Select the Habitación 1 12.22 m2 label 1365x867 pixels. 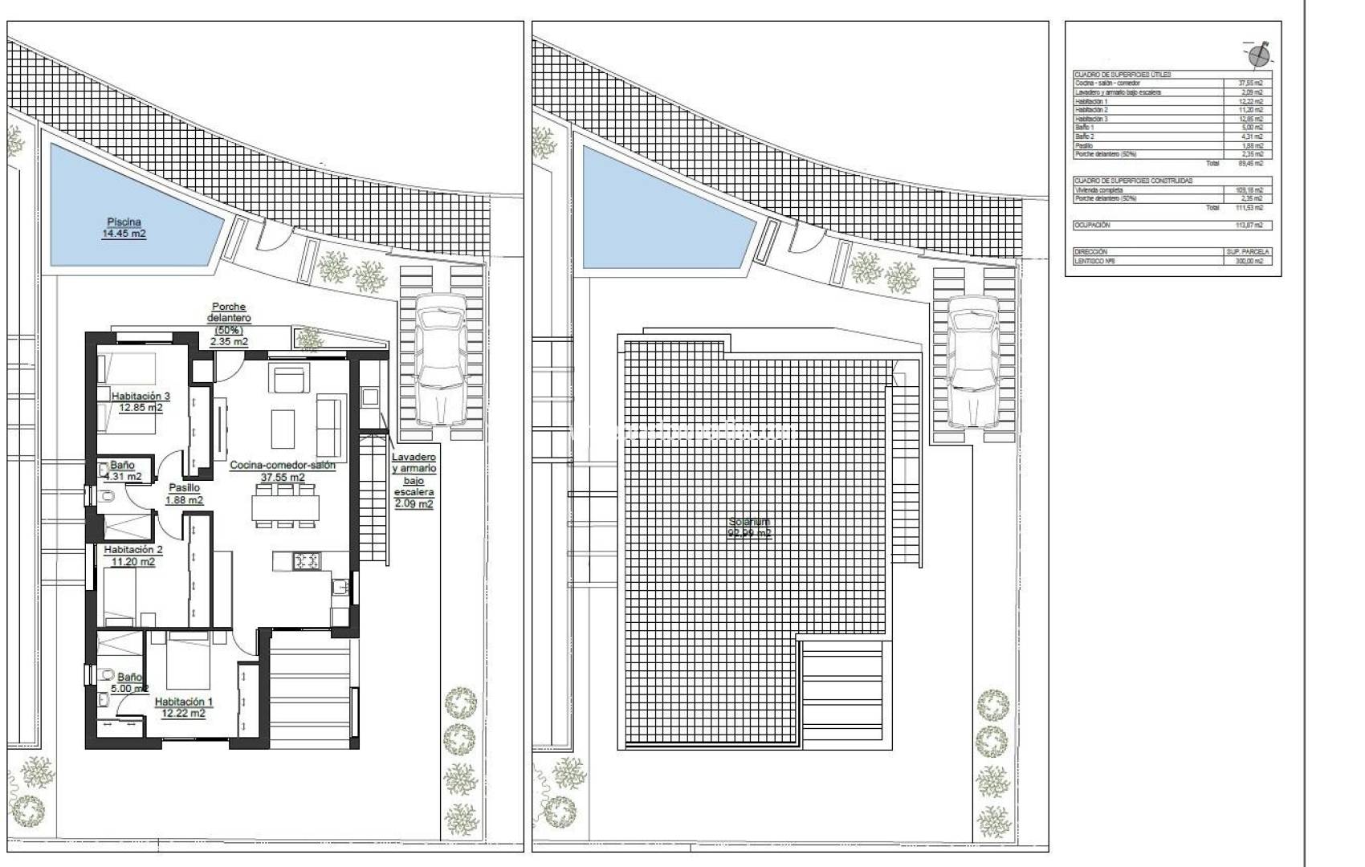click(183, 706)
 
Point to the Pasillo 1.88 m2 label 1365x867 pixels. click(184, 494)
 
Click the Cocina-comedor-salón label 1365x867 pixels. click(283, 465)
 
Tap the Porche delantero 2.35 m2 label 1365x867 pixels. click(229, 324)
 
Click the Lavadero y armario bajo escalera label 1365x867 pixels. click(414, 480)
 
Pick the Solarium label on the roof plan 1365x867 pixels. click(748, 527)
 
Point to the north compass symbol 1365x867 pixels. click(1258, 54)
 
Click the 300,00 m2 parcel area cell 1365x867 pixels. click(1249, 261)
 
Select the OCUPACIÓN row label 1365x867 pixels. click(1092, 226)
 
